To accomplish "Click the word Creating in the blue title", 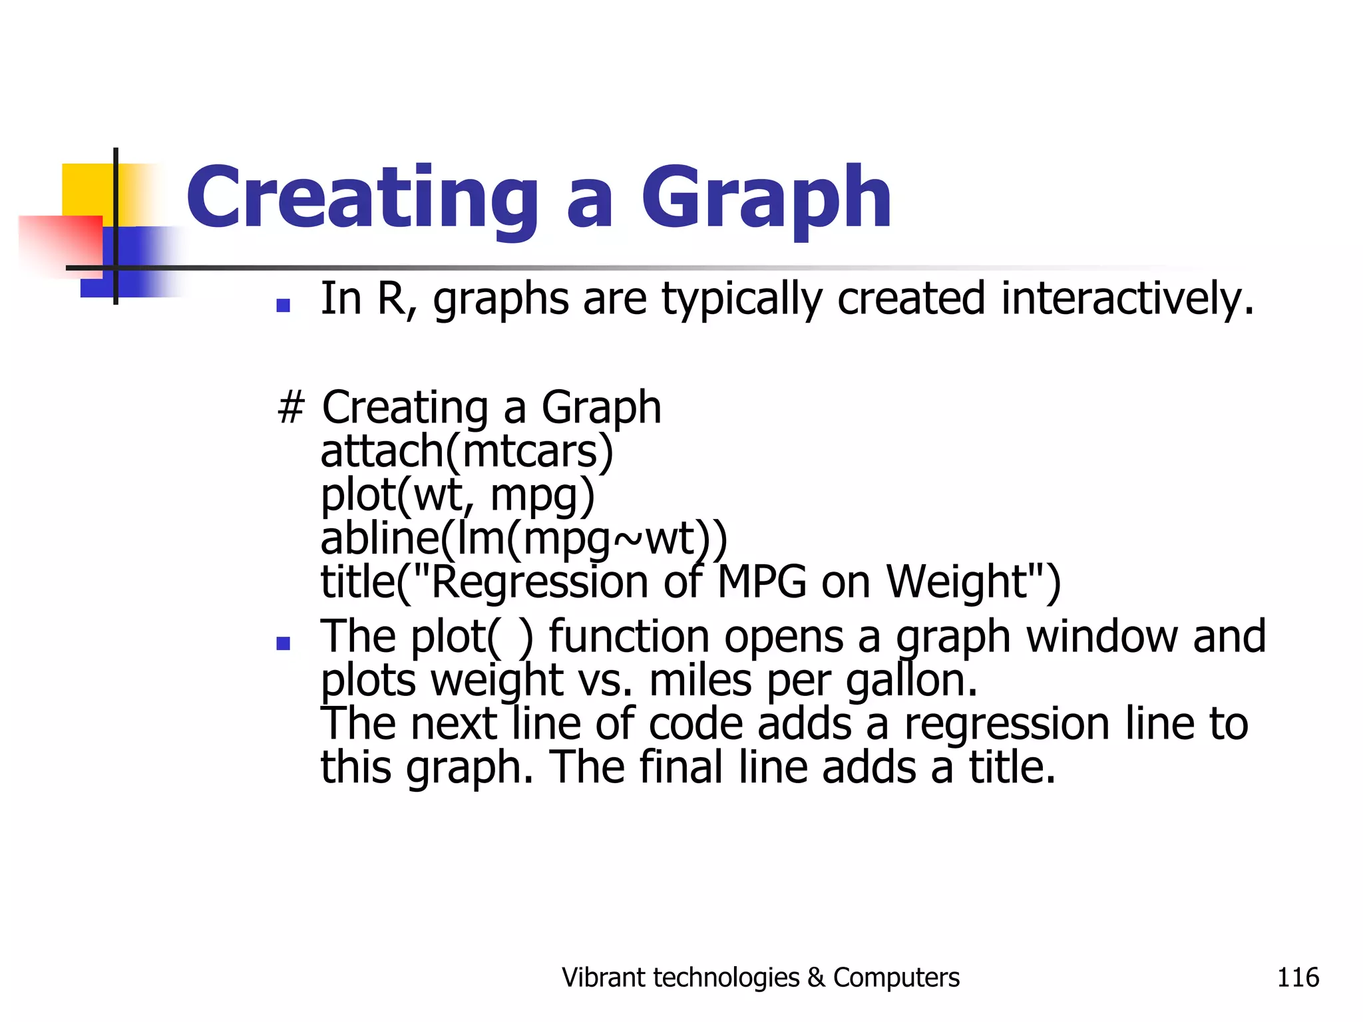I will (362, 198).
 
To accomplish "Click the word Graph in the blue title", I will (765, 198).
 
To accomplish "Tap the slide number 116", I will (1297, 977).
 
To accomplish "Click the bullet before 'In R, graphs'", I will (284, 305).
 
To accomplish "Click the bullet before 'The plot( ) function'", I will (284, 643).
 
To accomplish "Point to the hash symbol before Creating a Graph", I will (291, 407).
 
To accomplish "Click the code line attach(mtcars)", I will (467, 451).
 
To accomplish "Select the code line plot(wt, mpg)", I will (457, 496).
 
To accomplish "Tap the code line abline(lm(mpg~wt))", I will (524, 538).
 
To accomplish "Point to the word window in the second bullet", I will (1102, 637).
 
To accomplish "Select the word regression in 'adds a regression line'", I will (1006, 725).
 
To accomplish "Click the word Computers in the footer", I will (896, 978).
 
